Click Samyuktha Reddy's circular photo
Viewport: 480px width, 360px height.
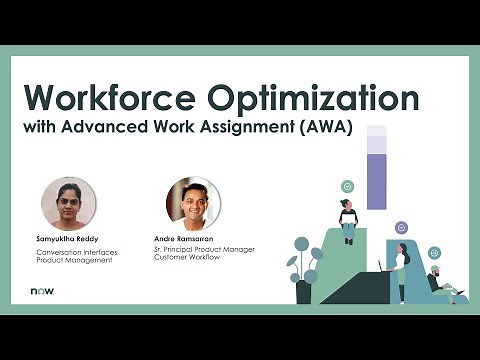tap(68, 203)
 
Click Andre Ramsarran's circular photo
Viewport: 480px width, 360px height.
tap(192, 203)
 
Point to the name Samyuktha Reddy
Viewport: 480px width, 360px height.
tap(68, 239)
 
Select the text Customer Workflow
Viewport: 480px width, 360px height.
tap(187, 258)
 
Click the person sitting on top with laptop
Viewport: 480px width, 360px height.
tap(348, 220)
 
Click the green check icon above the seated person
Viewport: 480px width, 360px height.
tap(347, 186)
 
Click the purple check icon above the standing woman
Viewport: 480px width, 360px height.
tap(401, 227)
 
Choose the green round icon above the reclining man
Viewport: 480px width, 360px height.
tap(434, 253)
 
